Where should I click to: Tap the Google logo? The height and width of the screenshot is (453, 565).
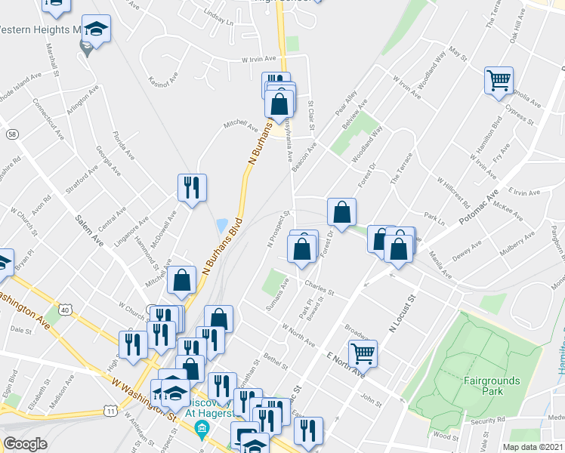pyautogui.click(x=25, y=444)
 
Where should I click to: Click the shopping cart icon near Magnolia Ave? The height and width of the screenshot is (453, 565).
pyautogui.click(x=499, y=79)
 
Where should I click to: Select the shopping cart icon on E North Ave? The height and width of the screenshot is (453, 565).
pyautogui.click(x=363, y=353)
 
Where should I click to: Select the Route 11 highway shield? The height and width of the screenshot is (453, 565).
pyautogui.click(x=110, y=411)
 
